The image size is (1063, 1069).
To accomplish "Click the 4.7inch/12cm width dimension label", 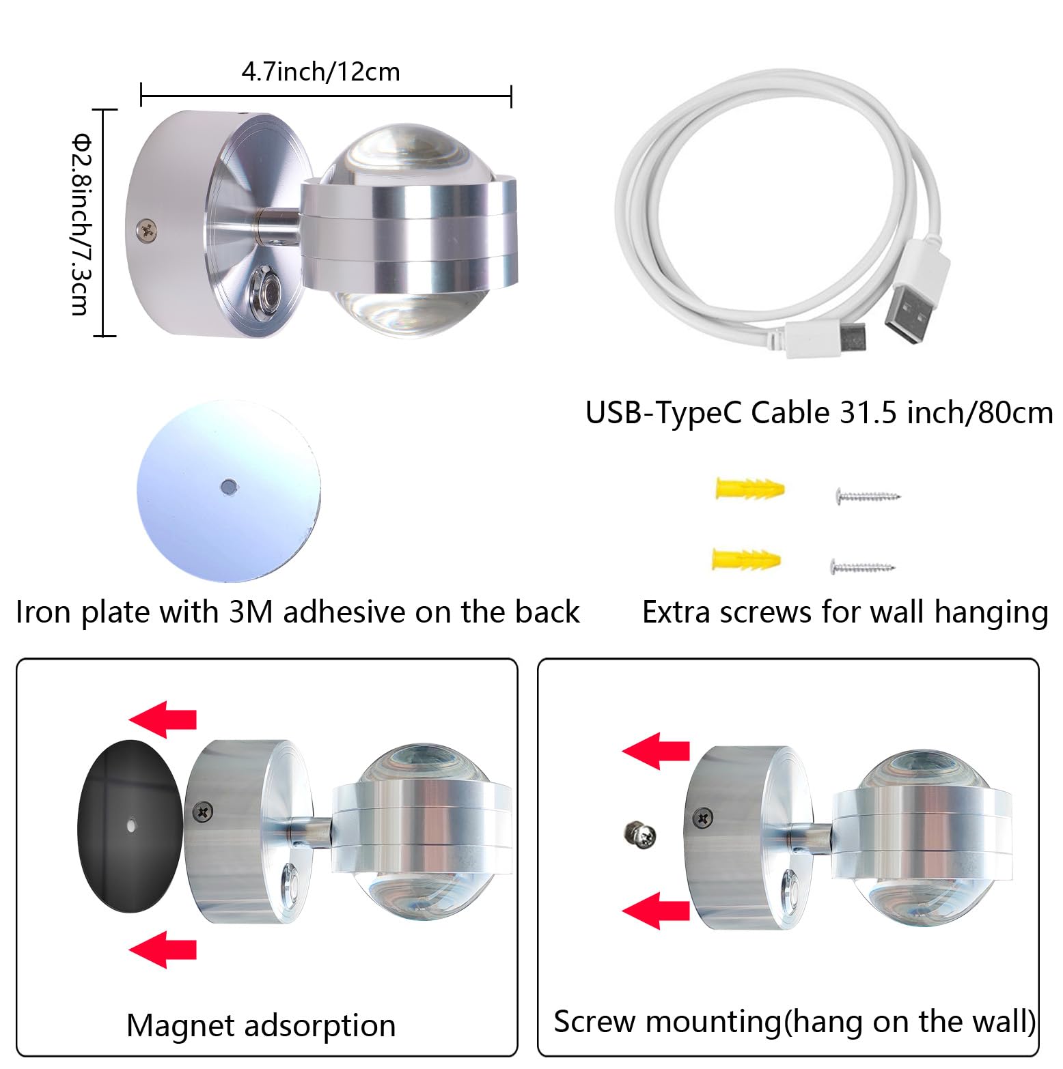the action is [x=320, y=71].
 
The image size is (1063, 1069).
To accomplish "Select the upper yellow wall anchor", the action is [x=749, y=489].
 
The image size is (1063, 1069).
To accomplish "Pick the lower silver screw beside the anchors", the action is [x=862, y=566].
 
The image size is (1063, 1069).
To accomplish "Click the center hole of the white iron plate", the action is [x=228, y=487].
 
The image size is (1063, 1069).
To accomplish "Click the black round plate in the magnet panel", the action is [x=130, y=825].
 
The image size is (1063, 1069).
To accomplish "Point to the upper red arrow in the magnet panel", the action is [x=163, y=719].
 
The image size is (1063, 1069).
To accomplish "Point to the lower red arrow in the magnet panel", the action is [x=163, y=949].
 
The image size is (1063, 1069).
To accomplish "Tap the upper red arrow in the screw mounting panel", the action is [x=656, y=750].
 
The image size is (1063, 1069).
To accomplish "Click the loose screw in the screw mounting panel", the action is [x=640, y=833].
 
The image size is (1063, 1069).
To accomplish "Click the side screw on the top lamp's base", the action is [x=147, y=229].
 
